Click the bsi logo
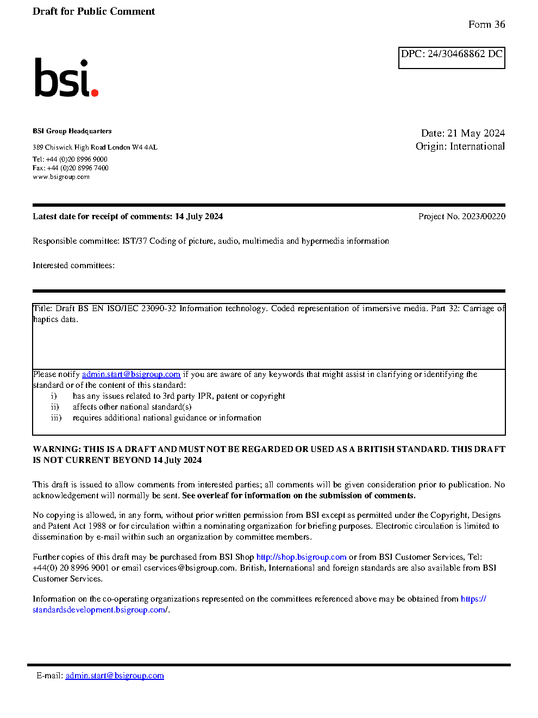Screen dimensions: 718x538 coord(66,78)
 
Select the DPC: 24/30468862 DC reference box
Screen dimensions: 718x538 coord(452,58)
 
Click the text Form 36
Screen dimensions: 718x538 coord(486,24)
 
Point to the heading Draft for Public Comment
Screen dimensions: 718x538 coord(93,11)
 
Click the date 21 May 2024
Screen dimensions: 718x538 coord(476,133)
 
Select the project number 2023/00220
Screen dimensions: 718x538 coord(484,216)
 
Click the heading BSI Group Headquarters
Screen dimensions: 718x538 coord(72,131)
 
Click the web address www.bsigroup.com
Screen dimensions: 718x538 coord(61,177)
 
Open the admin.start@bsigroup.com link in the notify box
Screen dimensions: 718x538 coord(131,374)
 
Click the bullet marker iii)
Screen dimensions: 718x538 coord(56,418)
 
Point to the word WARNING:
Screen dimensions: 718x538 coord(57,449)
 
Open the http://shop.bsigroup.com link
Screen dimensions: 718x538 coord(301,557)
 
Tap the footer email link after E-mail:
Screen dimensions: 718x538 coord(115,676)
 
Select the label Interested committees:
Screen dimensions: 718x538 coord(73,265)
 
